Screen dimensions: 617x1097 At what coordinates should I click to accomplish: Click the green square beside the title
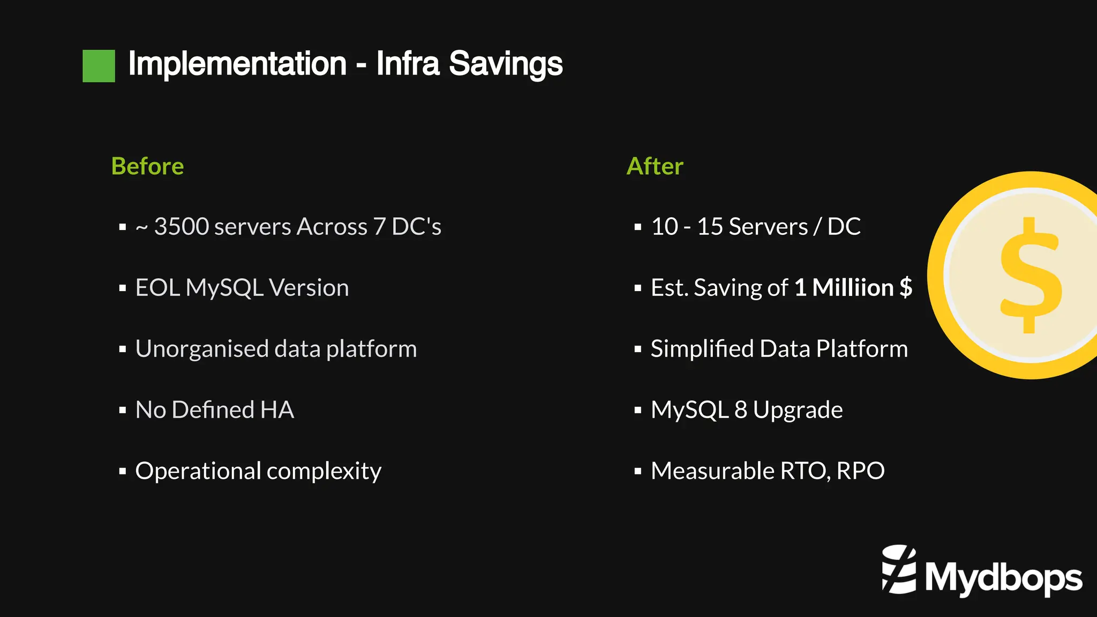click(x=99, y=66)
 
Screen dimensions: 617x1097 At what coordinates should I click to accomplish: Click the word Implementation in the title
click(x=237, y=64)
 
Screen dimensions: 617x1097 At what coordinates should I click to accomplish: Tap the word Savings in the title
click(x=506, y=64)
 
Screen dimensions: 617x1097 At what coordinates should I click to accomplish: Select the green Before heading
click(x=147, y=166)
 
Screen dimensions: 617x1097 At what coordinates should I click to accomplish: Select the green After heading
click(x=655, y=166)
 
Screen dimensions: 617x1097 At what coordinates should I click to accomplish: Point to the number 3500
click(x=181, y=226)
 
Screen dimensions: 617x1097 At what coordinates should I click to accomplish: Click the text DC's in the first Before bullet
click(x=416, y=226)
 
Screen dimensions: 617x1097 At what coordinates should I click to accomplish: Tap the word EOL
click(x=157, y=287)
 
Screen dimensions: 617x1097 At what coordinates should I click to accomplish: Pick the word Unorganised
click(x=201, y=348)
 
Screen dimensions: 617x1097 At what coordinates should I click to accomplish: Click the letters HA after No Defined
click(x=277, y=410)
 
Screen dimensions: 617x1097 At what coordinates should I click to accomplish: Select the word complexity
click(x=324, y=472)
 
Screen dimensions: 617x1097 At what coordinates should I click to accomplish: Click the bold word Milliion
click(x=853, y=287)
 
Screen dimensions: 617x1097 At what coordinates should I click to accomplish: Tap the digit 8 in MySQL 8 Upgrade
click(x=741, y=410)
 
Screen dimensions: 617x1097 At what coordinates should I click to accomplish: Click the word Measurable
click(x=712, y=471)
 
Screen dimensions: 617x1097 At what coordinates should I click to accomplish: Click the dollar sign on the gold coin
click(x=1031, y=275)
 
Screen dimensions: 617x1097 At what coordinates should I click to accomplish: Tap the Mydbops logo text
click(x=1003, y=578)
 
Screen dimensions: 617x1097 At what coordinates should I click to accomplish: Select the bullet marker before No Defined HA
click(x=123, y=411)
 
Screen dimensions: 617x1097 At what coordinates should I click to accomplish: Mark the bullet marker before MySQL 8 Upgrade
click(x=637, y=411)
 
